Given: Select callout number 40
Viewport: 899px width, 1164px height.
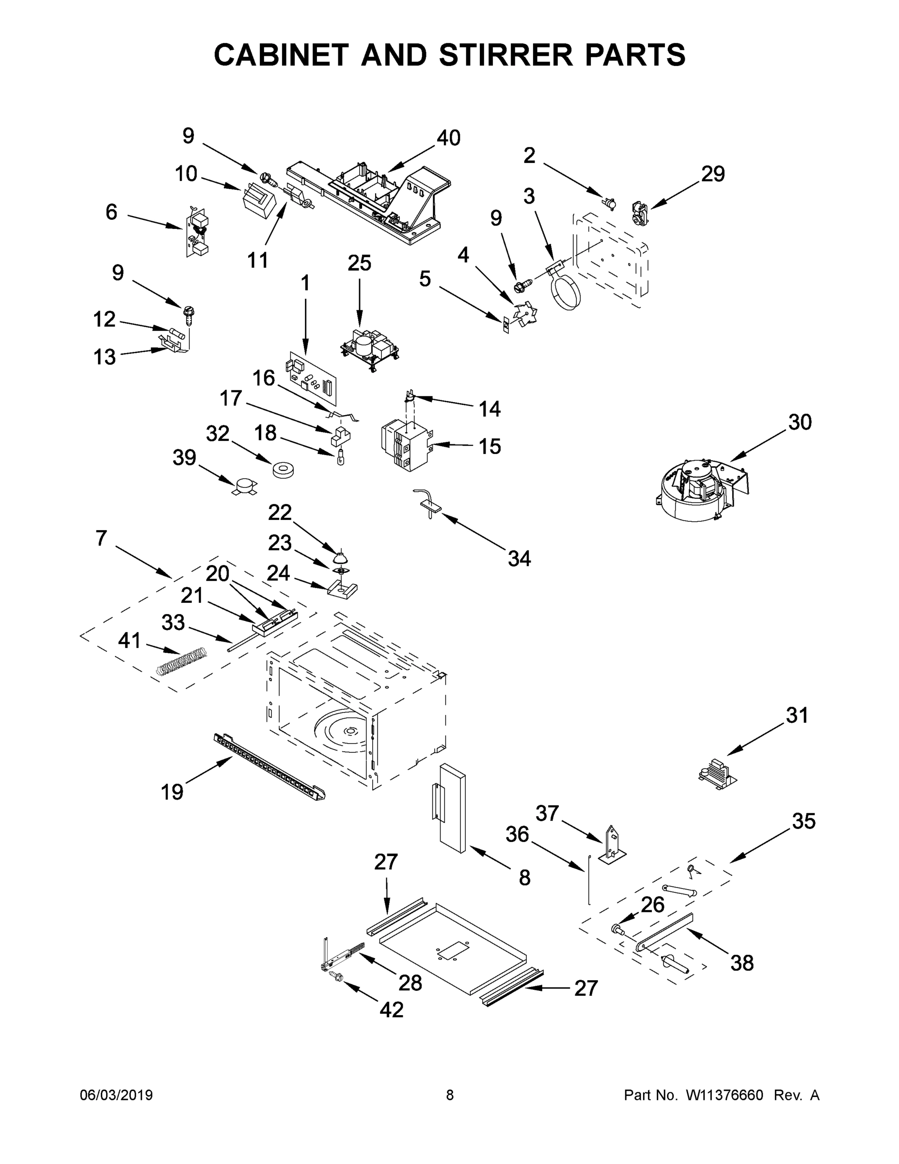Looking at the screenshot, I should click(x=448, y=138).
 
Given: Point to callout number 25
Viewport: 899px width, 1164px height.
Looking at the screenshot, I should click(x=359, y=263).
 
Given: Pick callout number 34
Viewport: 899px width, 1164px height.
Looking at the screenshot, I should click(x=519, y=559).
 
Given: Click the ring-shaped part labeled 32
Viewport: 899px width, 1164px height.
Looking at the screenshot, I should click(x=283, y=470).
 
